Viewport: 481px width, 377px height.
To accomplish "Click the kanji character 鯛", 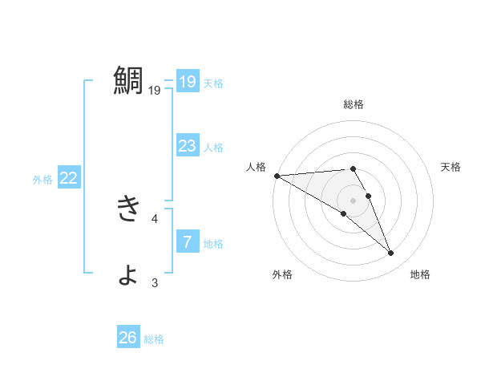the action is coord(128,81).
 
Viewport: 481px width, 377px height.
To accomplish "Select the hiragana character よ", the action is coord(128,274).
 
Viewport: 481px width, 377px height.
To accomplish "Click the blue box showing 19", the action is coord(188,82).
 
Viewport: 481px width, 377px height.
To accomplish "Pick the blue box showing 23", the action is coord(188,146).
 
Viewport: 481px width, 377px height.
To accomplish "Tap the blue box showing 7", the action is coord(188,242).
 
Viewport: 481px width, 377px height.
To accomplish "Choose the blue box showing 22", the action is coord(69,178).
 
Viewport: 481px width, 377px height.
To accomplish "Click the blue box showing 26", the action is coord(128,338).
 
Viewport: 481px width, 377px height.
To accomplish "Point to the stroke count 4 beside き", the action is coord(155,218).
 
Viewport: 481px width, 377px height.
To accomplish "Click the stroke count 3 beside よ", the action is coord(155,282).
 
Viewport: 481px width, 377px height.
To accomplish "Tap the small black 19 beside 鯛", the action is coord(155,91).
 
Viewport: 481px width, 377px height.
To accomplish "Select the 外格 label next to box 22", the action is coord(42,180).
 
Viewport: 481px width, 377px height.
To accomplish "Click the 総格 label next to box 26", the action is coord(154,339).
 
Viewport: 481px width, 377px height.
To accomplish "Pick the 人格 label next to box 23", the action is coord(213,148).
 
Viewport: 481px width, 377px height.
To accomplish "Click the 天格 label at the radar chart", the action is coord(451,167).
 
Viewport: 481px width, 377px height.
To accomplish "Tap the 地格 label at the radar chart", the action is coord(420,274).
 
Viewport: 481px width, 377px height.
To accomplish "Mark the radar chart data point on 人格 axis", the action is coord(277,176).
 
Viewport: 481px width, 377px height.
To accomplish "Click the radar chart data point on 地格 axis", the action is coord(390,253).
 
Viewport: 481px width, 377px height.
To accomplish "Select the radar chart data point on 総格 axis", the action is coord(353,168).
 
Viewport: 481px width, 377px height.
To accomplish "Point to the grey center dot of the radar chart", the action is coord(353,201).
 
